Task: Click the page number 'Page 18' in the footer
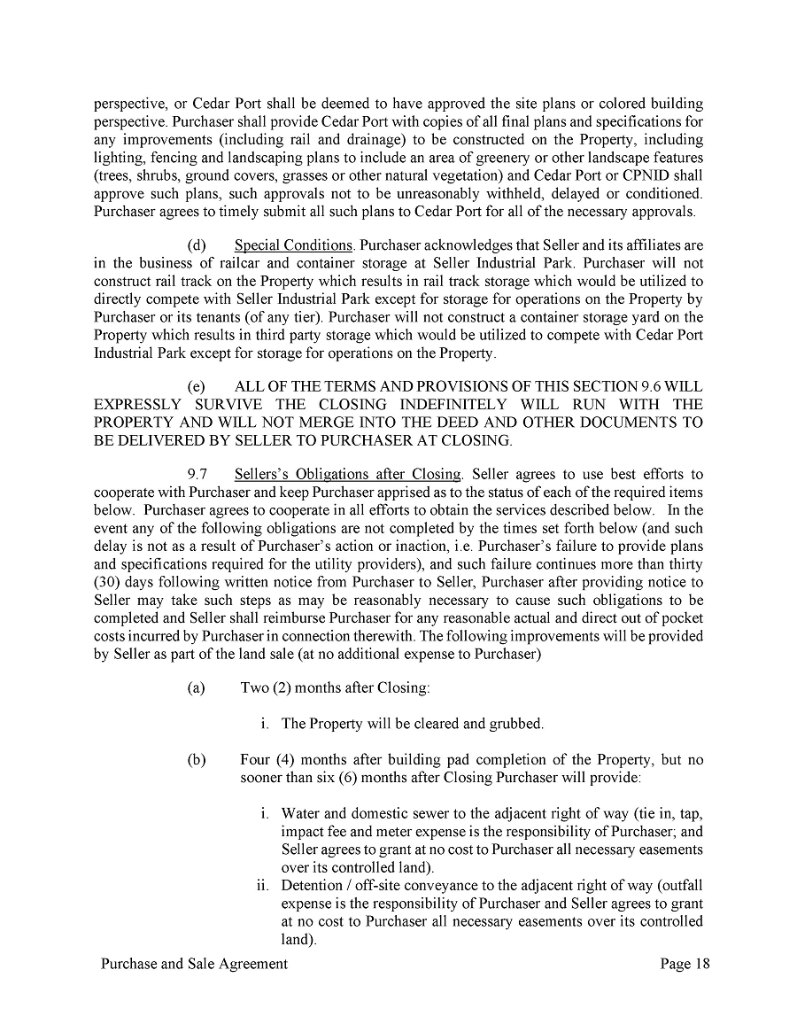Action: [685, 964]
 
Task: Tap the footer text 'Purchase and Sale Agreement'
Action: [194, 964]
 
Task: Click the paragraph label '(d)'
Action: [197, 244]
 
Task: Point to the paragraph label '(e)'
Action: [197, 386]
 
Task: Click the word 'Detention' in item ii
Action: [311, 886]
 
